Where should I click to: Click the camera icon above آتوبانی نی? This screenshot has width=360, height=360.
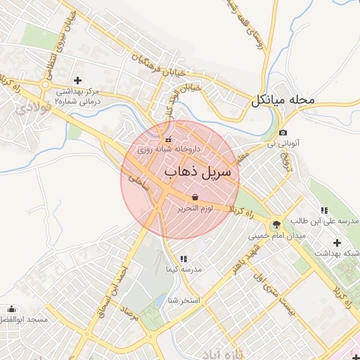pyautogui.click(x=283, y=133)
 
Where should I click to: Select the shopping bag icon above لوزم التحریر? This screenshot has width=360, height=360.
pyautogui.click(x=195, y=197)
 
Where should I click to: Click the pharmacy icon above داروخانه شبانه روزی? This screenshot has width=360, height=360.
pyautogui.click(x=167, y=138)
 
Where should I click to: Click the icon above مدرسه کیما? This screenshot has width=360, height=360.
pyautogui.click(x=184, y=259)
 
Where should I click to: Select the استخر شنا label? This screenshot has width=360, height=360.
pyautogui.click(x=184, y=301)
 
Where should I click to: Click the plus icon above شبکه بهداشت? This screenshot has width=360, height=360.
pyautogui.click(x=345, y=243)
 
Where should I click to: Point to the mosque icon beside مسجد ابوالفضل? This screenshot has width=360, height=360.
pyautogui.click(x=11, y=309)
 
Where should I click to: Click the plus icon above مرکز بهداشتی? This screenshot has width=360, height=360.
pyautogui.click(x=77, y=79)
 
